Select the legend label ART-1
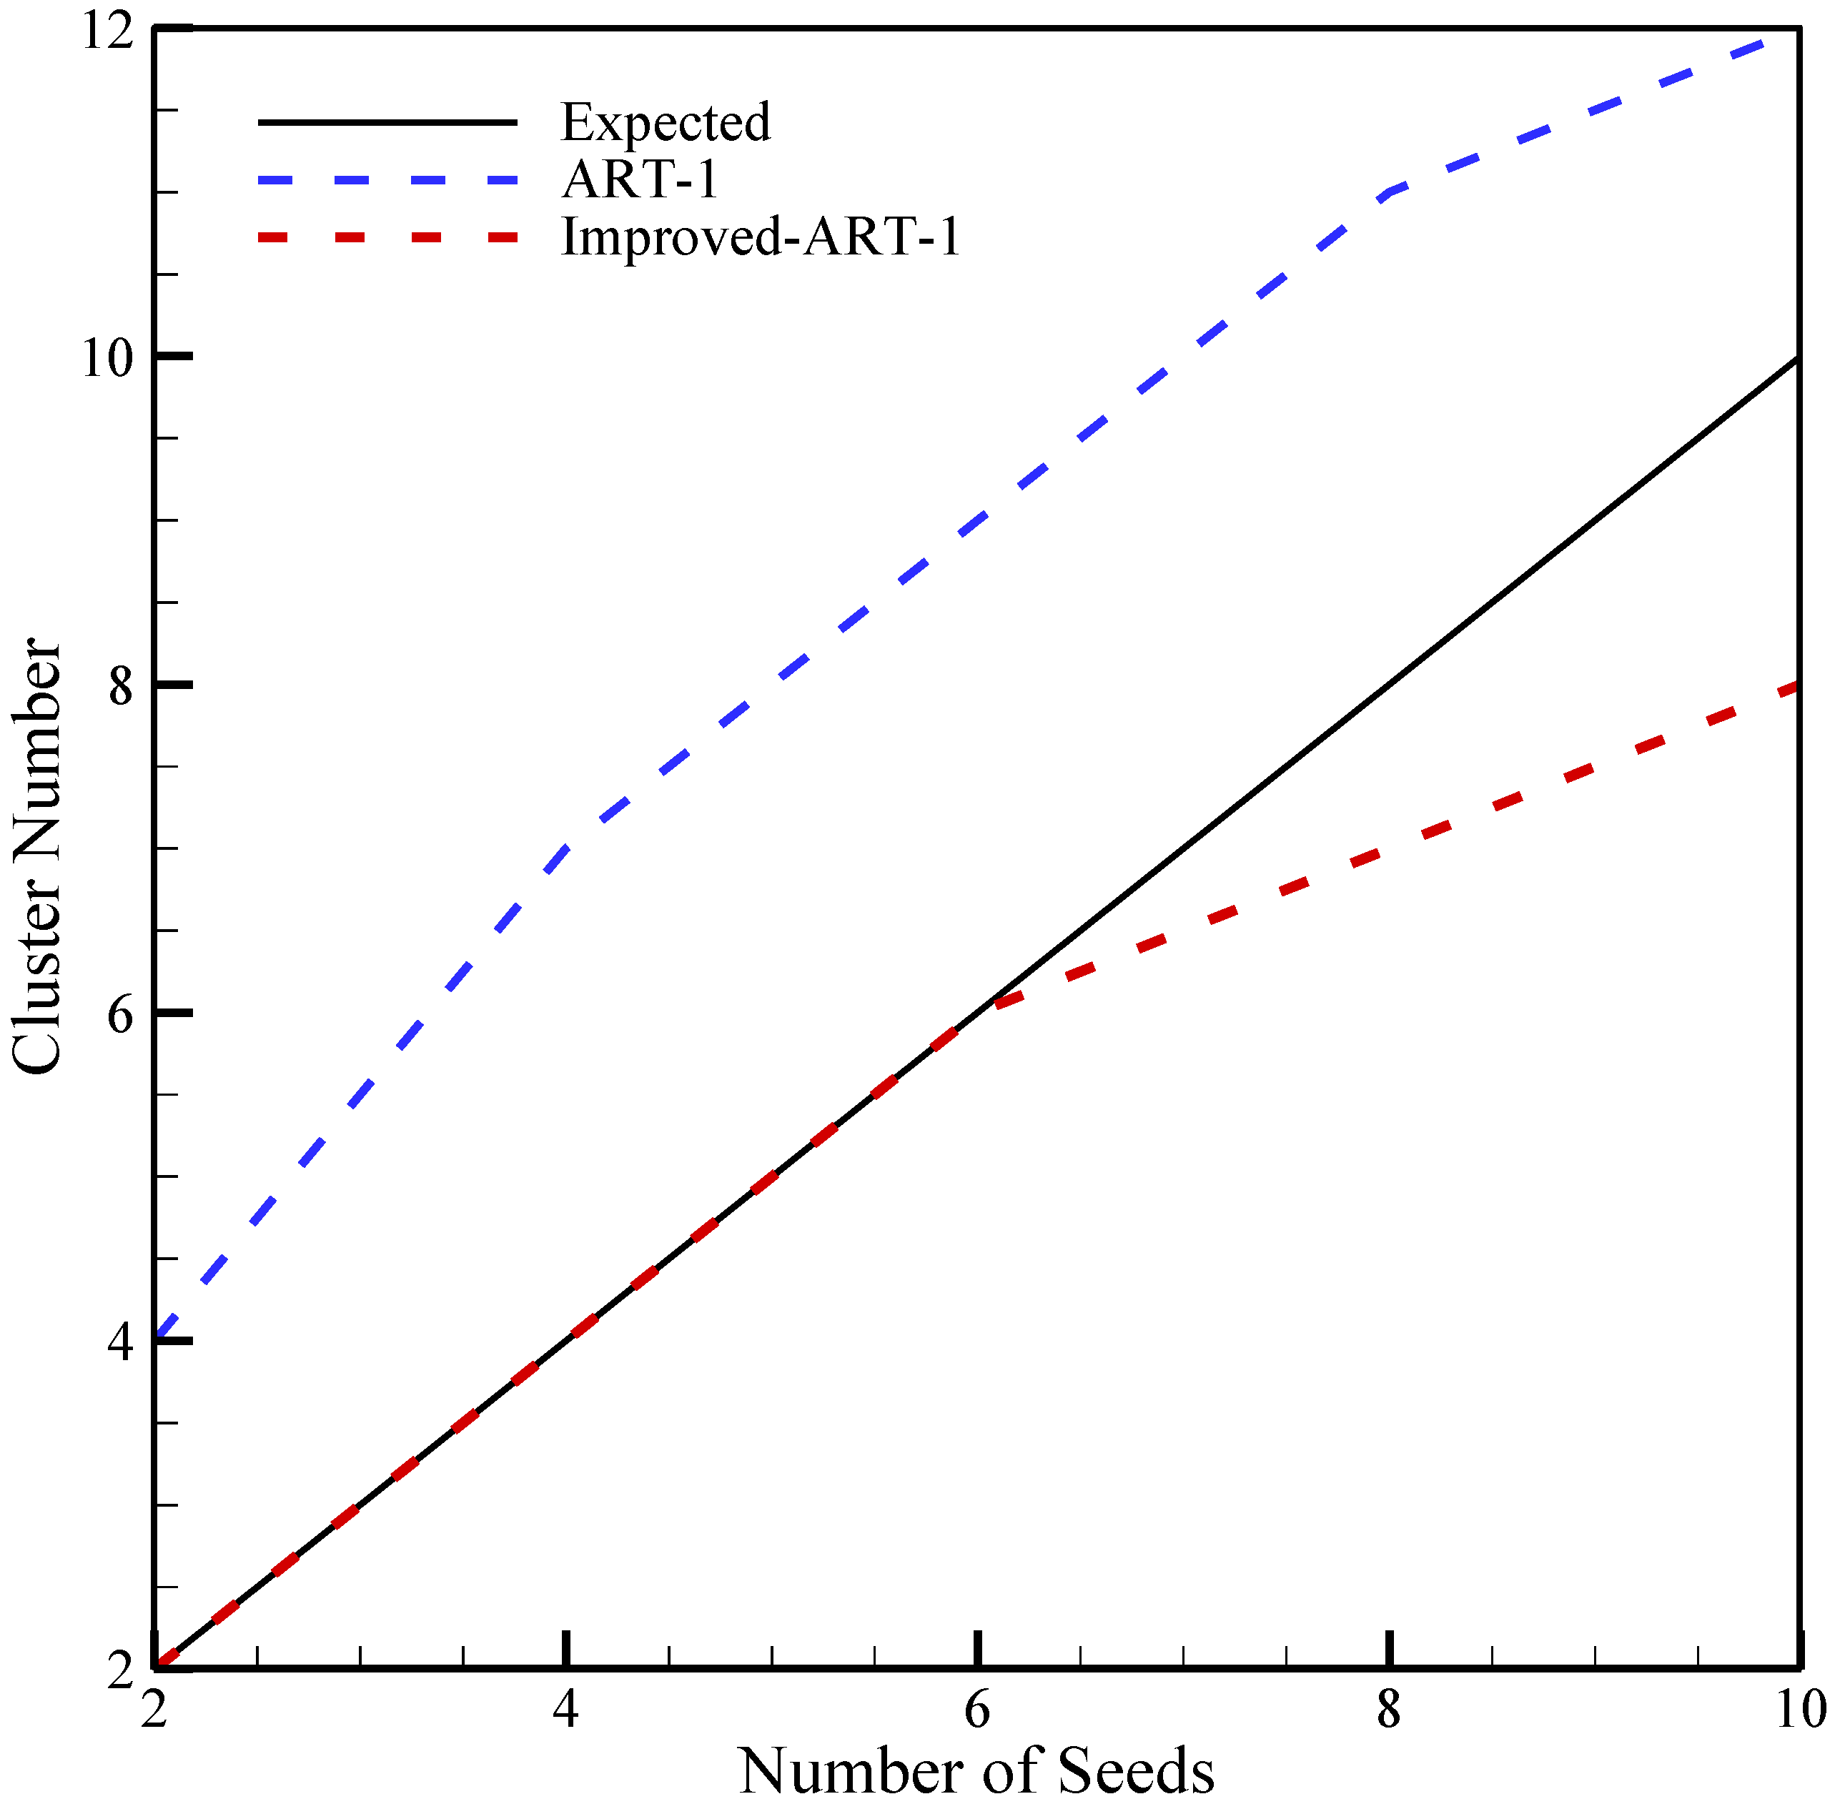[640, 179]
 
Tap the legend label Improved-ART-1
[761, 237]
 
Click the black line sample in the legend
[387, 122]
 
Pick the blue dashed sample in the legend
[387, 179]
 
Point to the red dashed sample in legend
[387, 237]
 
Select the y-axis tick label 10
[105, 358]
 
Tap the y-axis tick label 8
[119, 686]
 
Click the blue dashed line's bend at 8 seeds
[1388, 192]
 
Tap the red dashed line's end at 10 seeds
[1796, 686]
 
